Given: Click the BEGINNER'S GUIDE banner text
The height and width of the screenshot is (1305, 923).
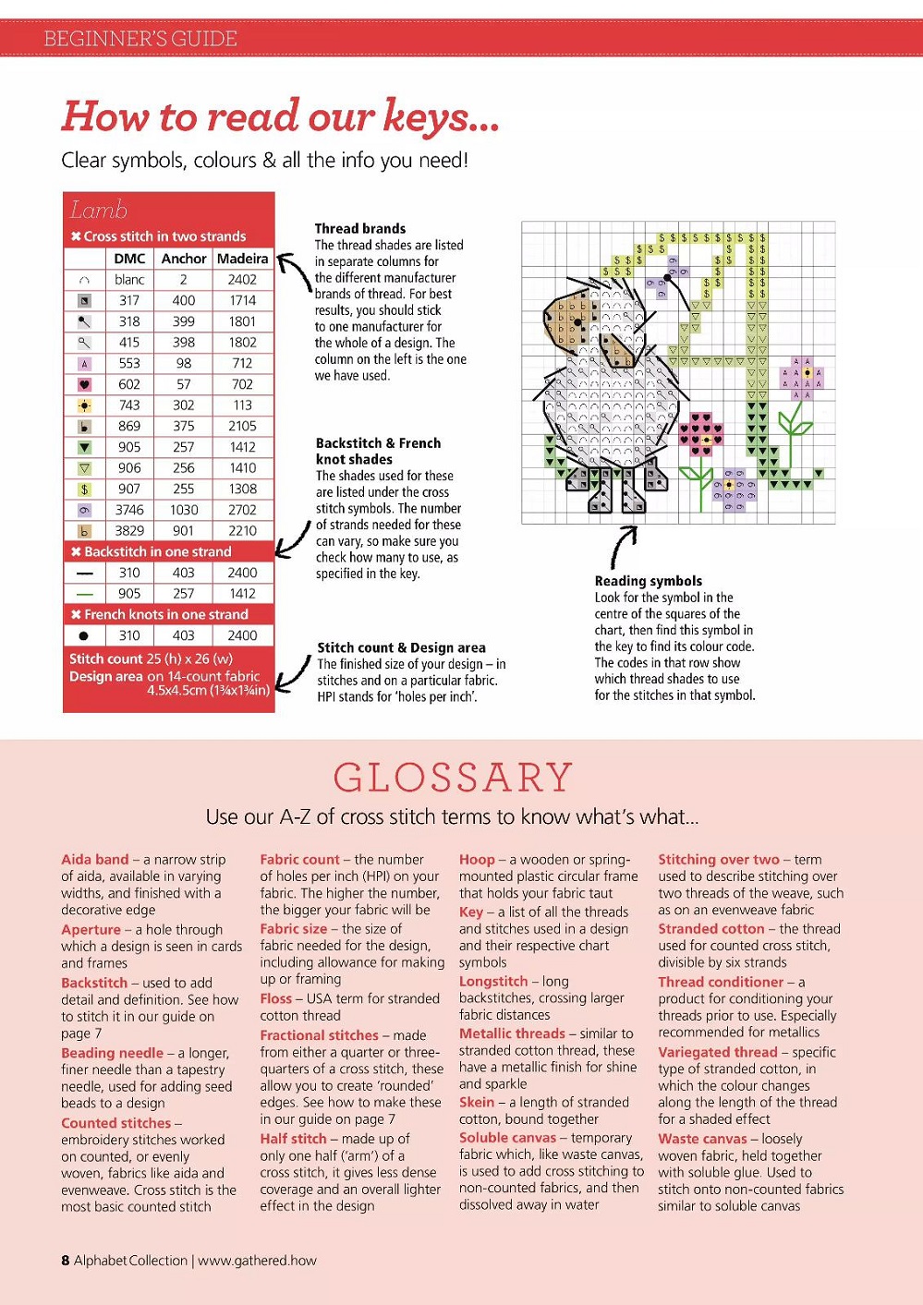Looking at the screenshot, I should (140, 39).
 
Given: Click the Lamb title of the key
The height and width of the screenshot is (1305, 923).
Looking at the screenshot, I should (98, 210).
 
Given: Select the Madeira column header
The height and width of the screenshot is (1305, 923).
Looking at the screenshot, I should (242, 259).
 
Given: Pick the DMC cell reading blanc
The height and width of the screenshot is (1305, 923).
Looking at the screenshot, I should (129, 280).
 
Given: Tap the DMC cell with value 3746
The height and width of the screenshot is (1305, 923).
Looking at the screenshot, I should (129, 510).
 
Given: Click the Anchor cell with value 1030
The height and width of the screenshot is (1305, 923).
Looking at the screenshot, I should (184, 510).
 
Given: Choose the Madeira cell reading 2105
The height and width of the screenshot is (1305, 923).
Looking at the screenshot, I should (242, 426).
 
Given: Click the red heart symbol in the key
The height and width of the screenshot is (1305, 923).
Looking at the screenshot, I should (84, 385).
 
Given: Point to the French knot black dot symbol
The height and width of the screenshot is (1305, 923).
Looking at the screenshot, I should (84, 635).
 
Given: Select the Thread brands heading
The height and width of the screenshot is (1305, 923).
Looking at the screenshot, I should (359, 228).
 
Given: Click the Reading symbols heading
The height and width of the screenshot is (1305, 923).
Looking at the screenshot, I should (648, 581).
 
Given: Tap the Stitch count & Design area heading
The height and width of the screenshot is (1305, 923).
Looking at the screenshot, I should (401, 647).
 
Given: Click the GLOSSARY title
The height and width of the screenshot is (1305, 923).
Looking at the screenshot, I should (453, 778).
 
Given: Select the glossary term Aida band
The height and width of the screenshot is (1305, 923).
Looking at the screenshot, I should (95, 859).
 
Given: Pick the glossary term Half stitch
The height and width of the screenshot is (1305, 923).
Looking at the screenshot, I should (293, 1139).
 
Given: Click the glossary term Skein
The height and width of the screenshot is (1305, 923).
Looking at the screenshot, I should (477, 1102).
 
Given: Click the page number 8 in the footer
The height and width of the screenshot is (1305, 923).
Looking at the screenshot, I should (66, 1260).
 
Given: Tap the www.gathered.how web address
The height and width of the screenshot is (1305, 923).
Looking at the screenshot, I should (257, 1260).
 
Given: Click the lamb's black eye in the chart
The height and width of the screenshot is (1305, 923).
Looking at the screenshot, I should (578, 322).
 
